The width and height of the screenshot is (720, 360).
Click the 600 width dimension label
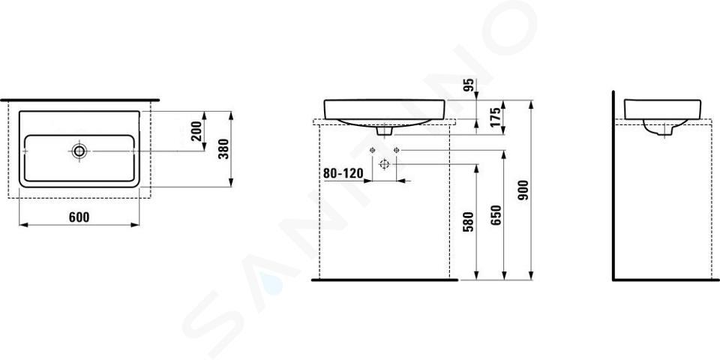pos(79,217)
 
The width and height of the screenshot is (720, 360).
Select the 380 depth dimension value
pos(223,148)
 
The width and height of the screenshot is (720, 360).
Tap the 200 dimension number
pos(197,130)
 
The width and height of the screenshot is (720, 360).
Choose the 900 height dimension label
pos(523,190)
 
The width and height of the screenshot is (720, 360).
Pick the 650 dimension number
pos(496,215)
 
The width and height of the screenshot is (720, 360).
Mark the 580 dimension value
pos(468,220)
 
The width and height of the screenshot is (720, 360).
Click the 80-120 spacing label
pos(343,173)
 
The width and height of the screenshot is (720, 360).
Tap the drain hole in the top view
pos(79,151)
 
